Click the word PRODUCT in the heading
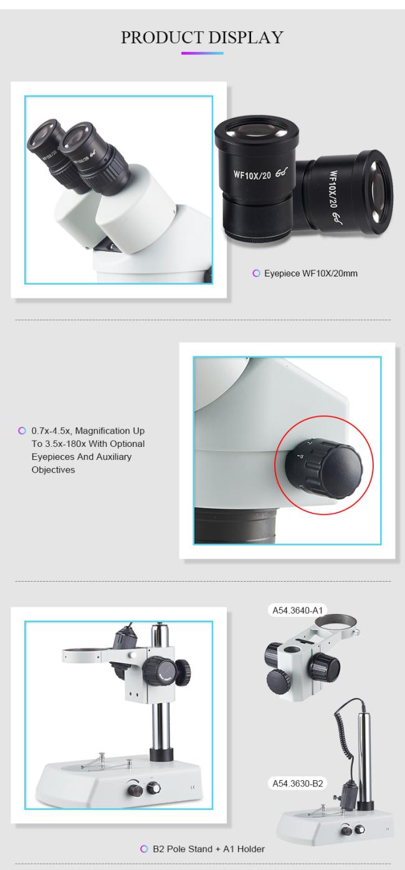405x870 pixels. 163,37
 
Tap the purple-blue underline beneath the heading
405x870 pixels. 202,53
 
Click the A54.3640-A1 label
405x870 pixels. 298,610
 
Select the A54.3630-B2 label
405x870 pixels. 298,783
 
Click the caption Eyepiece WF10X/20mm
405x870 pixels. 311,273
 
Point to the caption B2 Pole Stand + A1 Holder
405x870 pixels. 209,849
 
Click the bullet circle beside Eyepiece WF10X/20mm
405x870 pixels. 256,273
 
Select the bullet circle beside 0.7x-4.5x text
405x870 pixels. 22,431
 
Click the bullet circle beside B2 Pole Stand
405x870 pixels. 144,849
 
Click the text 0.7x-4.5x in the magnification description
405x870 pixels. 51,431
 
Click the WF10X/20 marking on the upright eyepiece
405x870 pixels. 252,175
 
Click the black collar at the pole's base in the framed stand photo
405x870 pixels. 161,755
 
